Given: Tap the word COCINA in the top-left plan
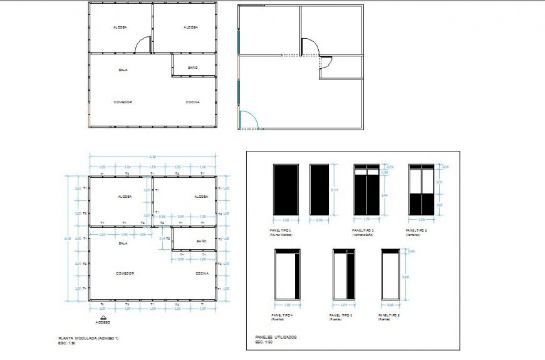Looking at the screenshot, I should click(193, 101).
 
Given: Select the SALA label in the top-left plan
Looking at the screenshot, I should click(123, 69).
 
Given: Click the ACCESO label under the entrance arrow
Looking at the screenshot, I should click(103, 322).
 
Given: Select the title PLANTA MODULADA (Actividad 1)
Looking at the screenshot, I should click(88, 338).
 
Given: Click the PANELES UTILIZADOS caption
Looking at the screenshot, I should click(276, 337).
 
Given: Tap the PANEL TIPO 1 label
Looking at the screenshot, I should click(282, 230).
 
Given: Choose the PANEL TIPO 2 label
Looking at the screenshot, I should click(363, 230).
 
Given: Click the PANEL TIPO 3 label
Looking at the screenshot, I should click(418, 230).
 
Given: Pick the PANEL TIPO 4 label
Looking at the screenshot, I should click(282, 315).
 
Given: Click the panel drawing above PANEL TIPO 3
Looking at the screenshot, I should click(422, 189).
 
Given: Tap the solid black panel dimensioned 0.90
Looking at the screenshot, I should click(319, 189).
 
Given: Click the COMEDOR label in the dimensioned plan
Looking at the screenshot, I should click(125, 274).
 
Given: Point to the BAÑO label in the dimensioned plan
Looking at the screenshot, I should click(200, 241).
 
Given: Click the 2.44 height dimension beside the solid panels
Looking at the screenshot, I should click(336, 189).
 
